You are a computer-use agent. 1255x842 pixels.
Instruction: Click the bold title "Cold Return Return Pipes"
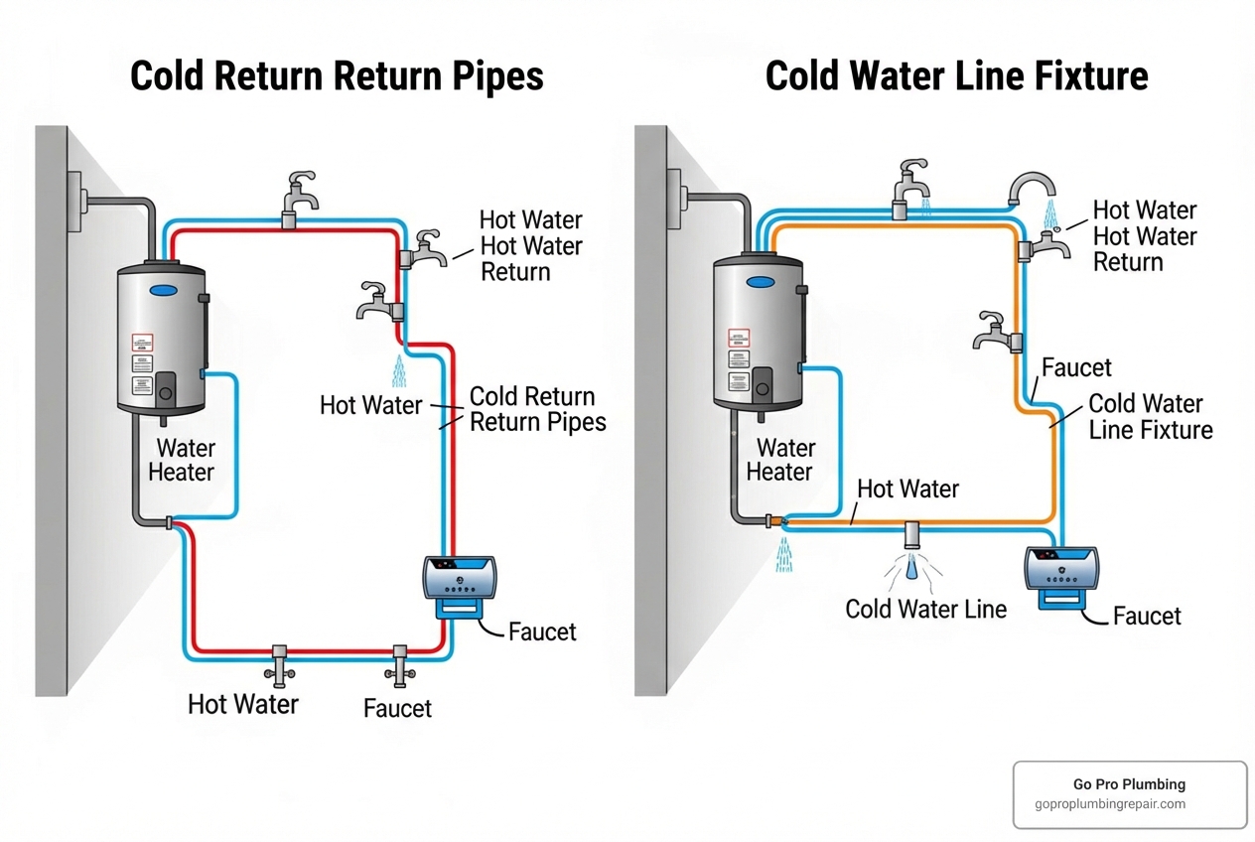(x=337, y=76)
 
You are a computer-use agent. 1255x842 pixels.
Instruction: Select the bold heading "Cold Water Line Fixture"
(x=956, y=76)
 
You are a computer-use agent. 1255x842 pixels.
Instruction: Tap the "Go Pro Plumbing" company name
(x=1129, y=784)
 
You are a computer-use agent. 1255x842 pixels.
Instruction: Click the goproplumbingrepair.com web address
(x=1110, y=804)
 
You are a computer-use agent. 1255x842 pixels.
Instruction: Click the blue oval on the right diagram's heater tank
(x=760, y=282)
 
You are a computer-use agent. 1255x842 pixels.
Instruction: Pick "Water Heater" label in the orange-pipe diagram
(x=779, y=460)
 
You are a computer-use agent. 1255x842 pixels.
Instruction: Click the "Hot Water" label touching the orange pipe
(x=907, y=489)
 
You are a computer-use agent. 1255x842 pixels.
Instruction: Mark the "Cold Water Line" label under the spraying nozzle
(x=925, y=609)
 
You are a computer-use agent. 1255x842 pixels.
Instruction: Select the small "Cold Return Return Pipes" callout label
(x=537, y=409)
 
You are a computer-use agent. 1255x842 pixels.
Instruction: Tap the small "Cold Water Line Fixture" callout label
(x=1150, y=417)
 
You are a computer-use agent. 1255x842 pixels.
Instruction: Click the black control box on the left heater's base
(x=165, y=387)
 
